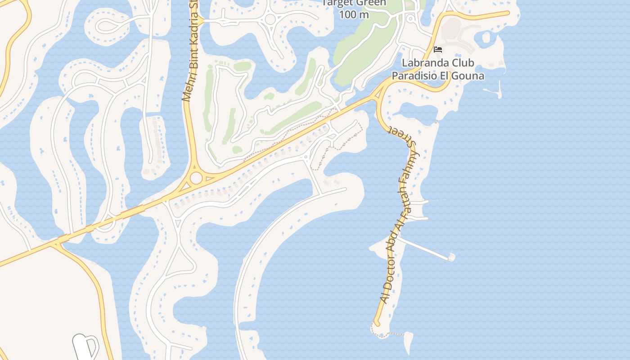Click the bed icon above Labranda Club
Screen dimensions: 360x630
click(438, 49)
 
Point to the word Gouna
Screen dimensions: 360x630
click(469, 76)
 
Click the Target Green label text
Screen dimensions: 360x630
click(355, 3)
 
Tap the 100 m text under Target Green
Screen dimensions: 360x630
click(354, 14)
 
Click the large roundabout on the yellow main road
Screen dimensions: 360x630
click(196, 178)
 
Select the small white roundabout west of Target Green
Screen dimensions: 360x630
click(270, 19)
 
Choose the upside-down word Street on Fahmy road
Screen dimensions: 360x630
click(404, 136)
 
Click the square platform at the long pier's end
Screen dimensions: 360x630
click(451, 257)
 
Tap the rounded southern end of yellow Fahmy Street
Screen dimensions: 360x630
click(377, 323)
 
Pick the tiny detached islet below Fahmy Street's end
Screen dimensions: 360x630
click(408, 342)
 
